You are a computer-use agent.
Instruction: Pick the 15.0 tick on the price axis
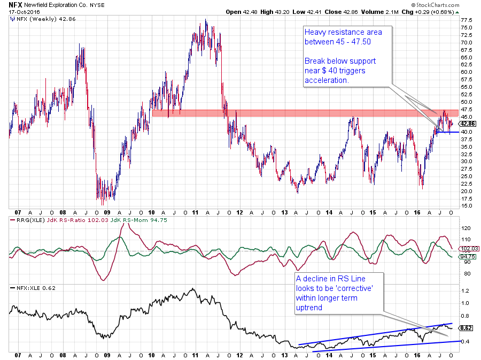click(x=466, y=205)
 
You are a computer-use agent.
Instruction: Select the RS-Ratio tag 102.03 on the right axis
click(x=464, y=248)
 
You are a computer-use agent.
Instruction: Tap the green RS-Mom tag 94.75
click(x=464, y=257)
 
